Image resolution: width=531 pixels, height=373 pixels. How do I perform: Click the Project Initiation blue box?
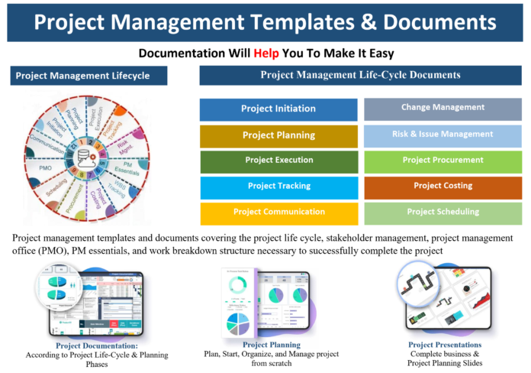tap(278, 109)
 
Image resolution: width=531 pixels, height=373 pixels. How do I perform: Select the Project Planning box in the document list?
tap(278, 135)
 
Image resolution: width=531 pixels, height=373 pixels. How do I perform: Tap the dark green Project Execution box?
tap(278, 161)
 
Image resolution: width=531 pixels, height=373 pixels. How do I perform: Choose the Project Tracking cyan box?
tap(278, 186)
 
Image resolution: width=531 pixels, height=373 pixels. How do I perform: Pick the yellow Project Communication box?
tap(278, 212)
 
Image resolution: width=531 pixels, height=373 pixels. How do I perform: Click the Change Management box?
tap(443, 108)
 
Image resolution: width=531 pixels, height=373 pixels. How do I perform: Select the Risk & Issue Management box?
tap(443, 135)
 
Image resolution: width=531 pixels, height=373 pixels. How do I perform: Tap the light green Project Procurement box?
tap(443, 161)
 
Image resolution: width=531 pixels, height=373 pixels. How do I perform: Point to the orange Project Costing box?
tap(443, 186)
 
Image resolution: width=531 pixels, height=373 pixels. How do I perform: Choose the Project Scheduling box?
tap(443, 212)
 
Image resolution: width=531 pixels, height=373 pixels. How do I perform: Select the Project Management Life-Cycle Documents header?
tap(360, 76)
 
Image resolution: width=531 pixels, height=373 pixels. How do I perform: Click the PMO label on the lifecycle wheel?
tap(36, 166)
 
